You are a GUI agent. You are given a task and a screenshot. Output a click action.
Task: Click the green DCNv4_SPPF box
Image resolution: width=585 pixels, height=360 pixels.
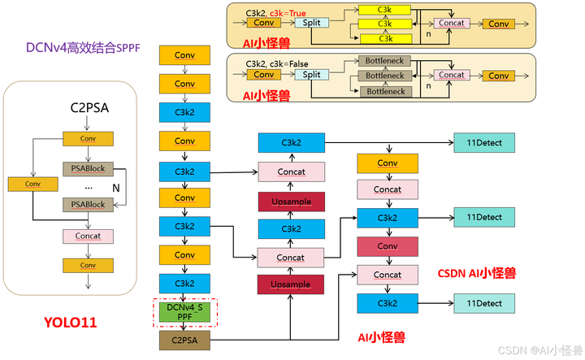pos(184,312)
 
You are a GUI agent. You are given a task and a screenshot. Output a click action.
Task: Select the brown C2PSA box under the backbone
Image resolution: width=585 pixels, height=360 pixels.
pos(184,340)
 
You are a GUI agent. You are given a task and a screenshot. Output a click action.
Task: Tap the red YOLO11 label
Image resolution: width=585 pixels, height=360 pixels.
pos(71,323)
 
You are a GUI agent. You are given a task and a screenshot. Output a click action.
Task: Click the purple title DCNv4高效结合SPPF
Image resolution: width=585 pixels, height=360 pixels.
pos(83,48)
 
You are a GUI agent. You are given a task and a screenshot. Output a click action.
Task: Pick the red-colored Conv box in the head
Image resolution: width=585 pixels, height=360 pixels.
pos(388,246)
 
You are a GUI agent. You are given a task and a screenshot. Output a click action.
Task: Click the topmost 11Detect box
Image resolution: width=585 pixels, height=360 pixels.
pos(484,142)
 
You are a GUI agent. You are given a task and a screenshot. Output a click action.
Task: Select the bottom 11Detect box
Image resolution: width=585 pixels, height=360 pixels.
pos(484,303)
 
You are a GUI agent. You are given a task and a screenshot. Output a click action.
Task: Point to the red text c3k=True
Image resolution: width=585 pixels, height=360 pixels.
pos(288,14)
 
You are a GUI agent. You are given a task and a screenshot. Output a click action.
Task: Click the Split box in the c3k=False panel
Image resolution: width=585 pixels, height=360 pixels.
pos(311,75)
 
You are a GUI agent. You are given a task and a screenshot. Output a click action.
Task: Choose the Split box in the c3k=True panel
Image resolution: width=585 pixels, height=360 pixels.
pos(311,23)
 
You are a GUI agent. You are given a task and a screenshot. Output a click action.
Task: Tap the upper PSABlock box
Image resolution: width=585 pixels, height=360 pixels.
pos(88,168)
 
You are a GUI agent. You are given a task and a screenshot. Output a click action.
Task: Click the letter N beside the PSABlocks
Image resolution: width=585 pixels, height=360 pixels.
pos(116,188)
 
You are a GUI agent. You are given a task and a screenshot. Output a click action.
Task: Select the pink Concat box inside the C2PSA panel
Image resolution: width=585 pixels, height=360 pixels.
pos(88,236)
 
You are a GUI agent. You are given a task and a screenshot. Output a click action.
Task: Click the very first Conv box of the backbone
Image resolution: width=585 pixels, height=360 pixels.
pos(184,55)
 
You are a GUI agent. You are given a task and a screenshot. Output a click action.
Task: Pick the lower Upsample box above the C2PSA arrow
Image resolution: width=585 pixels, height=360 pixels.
pos(291,284)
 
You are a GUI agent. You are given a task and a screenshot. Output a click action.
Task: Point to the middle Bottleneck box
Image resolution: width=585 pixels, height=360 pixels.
pos(384,76)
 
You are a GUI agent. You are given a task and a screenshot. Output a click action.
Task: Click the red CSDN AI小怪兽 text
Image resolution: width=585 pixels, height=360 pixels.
pos(477,273)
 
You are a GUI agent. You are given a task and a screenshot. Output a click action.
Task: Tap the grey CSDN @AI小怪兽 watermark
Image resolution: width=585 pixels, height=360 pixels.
pos(540,350)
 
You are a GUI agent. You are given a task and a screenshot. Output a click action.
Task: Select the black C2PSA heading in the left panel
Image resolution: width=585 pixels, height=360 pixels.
pos(89,108)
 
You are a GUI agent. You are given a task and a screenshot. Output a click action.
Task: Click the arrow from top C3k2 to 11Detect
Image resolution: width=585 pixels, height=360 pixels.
pos(389,142)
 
